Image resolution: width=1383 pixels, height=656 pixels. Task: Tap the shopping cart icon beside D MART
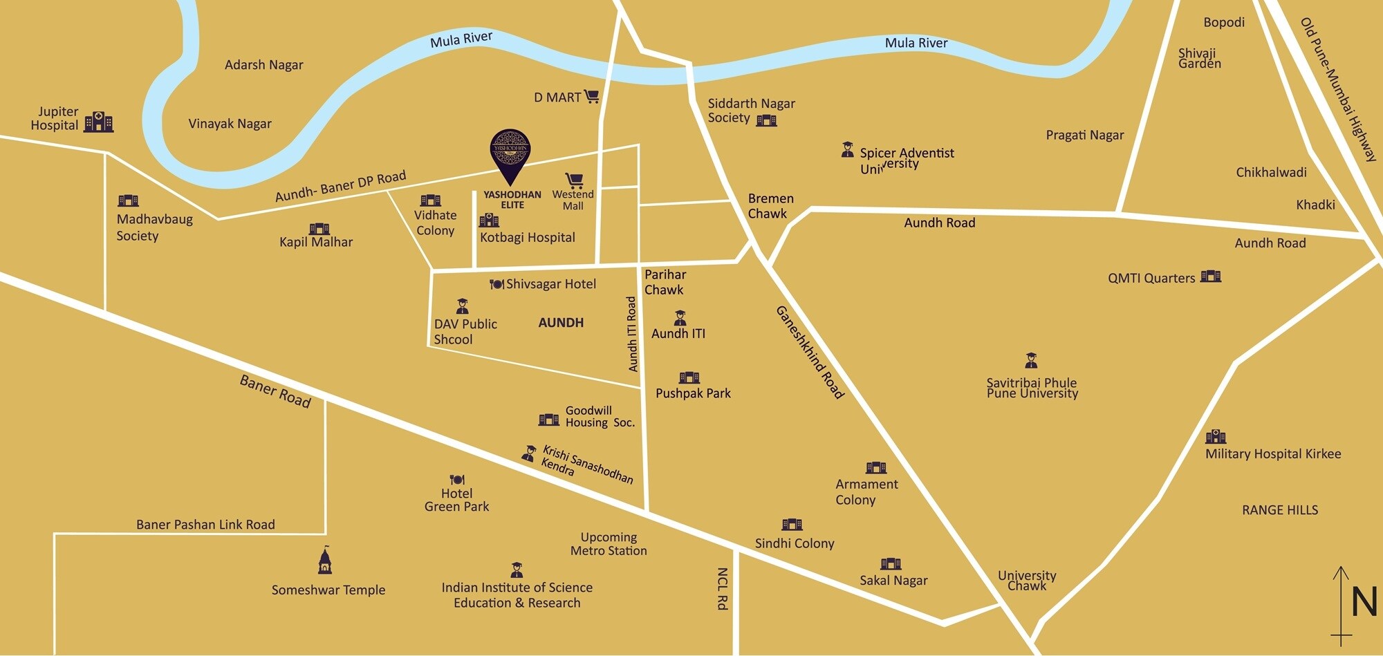(591, 96)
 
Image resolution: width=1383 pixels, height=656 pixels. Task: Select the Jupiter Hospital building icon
(99, 122)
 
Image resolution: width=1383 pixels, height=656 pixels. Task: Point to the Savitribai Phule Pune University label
(1032, 388)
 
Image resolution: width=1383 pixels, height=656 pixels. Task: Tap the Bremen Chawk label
(770, 206)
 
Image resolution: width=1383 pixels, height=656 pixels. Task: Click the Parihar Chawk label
(665, 282)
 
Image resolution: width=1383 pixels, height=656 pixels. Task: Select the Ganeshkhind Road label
(810, 353)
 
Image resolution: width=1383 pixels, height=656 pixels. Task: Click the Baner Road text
(275, 391)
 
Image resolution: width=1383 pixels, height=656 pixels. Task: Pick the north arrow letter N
(1364, 603)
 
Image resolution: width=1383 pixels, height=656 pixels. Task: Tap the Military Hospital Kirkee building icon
(1215, 437)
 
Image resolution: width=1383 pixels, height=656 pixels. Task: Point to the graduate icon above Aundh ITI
(680, 317)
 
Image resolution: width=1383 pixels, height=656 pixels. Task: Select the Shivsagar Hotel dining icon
(496, 284)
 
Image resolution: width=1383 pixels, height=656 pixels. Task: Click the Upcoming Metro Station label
(609, 544)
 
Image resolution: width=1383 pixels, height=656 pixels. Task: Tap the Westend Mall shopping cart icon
(574, 180)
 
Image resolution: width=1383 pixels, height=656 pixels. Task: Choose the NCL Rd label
(722, 589)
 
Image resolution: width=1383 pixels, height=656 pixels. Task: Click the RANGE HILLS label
(1280, 510)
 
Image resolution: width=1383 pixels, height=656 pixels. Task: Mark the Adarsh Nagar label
(263, 65)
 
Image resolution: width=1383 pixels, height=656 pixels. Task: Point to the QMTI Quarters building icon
(1211, 277)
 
